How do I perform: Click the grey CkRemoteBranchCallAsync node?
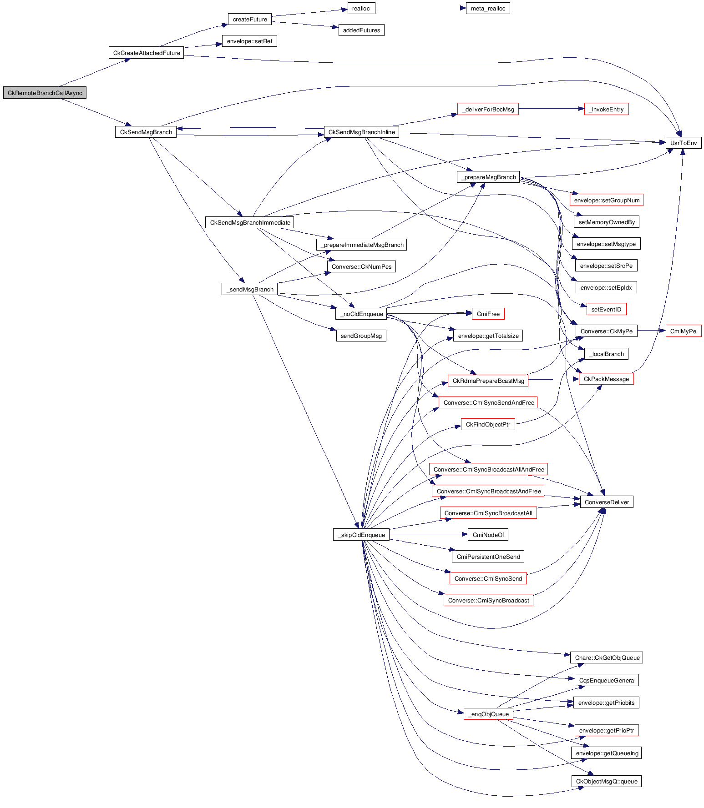[45, 93]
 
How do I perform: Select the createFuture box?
[250, 20]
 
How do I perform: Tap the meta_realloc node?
[488, 9]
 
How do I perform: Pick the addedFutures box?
[361, 30]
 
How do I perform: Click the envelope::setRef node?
[249, 41]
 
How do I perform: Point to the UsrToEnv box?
[683, 143]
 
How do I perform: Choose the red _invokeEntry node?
[606, 110]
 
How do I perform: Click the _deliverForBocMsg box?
[488, 110]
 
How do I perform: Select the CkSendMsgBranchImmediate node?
[250, 223]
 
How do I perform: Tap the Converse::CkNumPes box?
[361, 267]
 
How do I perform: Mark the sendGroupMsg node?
[361, 336]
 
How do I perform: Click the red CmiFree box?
[488, 314]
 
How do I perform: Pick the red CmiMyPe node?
[683, 331]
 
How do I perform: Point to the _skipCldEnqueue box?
[361, 535]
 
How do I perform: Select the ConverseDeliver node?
[606, 502]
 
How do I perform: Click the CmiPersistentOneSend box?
[488, 557]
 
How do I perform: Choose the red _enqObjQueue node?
[488, 714]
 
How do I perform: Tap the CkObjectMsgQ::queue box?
[606, 782]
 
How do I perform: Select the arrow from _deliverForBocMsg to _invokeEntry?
[551, 109]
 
